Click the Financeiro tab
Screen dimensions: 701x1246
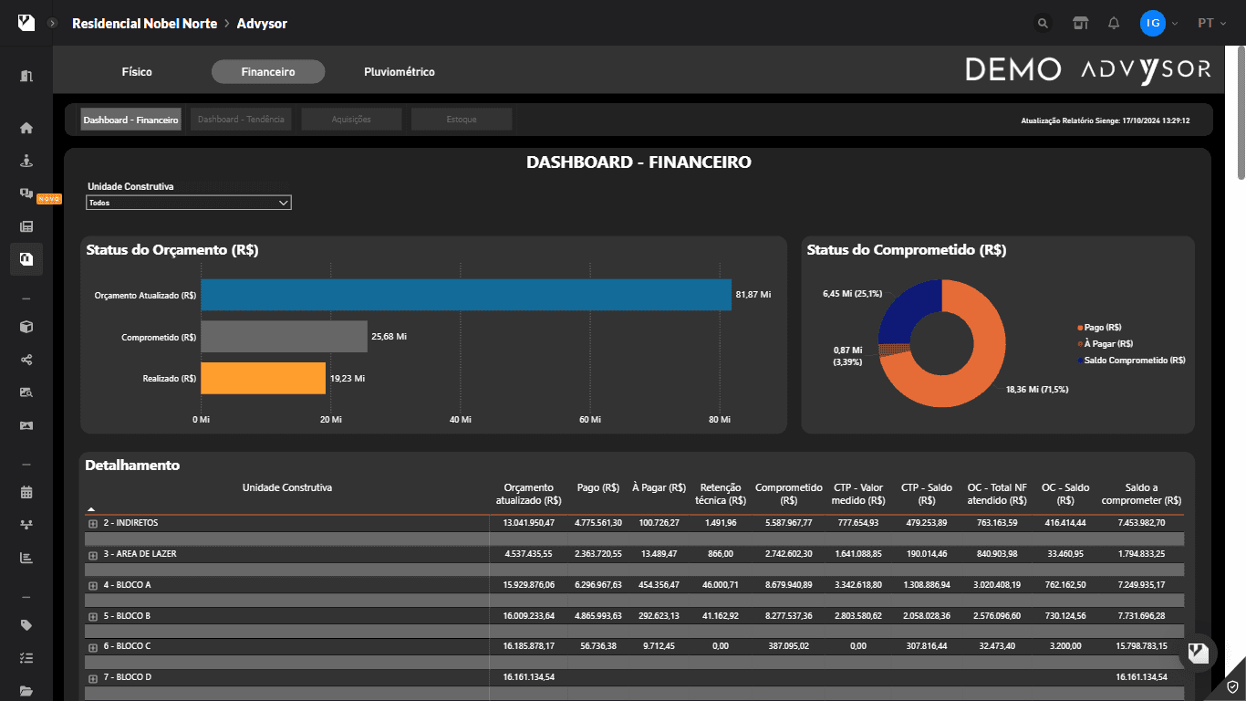click(x=268, y=72)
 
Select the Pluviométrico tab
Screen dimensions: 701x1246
click(x=399, y=72)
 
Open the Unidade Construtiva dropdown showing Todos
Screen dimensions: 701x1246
click(x=189, y=203)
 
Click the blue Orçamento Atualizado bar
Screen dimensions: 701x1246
click(x=465, y=295)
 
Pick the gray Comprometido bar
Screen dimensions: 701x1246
click(x=284, y=337)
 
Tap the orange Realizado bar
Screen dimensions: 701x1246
click(x=263, y=378)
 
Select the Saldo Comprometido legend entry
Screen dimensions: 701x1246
click(x=1134, y=361)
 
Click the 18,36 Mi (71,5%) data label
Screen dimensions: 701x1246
click(x=1037, y=390)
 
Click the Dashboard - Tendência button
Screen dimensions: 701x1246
click(x=241, y=120)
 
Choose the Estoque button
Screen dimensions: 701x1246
click(x=462, y=120)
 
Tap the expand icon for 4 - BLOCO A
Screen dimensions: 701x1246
click(x=93, y=585)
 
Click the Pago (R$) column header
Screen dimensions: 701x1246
click(x=598, y=487)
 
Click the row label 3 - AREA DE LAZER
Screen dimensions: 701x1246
click(x=140, y=554)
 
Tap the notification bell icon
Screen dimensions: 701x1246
click(x=1114, y=24)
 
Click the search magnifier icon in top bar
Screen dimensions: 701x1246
click(x=1043, y=24)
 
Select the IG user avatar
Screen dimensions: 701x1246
click(x=1152, y=24)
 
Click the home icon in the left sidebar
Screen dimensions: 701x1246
click(x=26, y=128)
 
